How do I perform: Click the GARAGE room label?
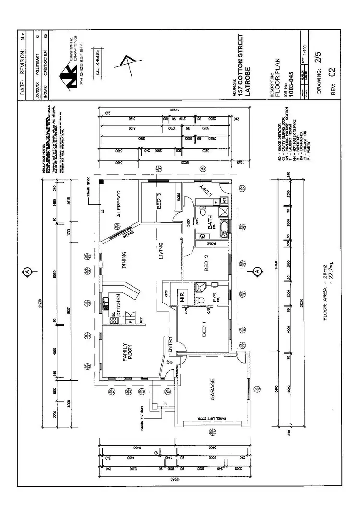212,390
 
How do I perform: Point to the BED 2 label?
206,264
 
